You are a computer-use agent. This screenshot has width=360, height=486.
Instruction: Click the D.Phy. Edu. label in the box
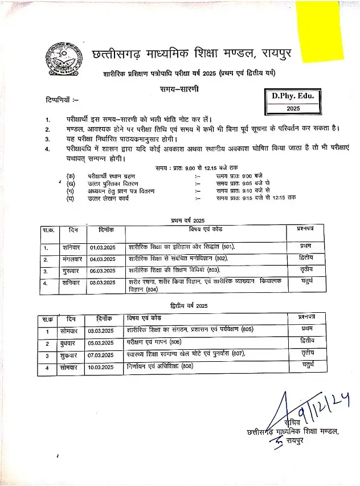293,96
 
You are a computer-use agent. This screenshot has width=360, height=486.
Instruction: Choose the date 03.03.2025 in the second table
101,331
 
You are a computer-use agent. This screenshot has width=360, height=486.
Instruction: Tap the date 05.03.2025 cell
101,343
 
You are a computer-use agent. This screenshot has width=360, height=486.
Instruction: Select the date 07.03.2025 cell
101,356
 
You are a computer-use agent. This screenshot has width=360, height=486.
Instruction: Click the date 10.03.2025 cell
101,367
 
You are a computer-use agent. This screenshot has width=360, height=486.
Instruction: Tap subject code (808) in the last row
187,367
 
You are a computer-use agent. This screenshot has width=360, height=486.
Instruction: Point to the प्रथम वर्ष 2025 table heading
187,220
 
